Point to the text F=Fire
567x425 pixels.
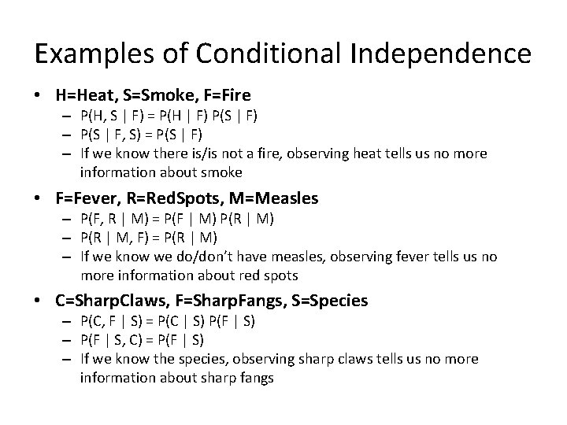[x=224, y=96]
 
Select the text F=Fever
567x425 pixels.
[x=87, y=198]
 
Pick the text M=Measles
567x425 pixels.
[x=278, y=198]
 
